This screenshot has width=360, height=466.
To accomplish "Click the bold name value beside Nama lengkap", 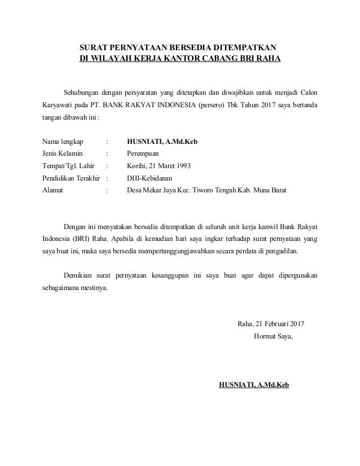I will coord(162,142).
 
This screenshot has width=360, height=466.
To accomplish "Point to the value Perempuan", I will coord(144,153).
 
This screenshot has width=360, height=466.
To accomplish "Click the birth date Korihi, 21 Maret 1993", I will coord(160,166).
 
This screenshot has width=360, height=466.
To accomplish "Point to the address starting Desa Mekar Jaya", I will coord(207,191).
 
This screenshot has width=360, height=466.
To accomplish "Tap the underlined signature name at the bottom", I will coord(253,385).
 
